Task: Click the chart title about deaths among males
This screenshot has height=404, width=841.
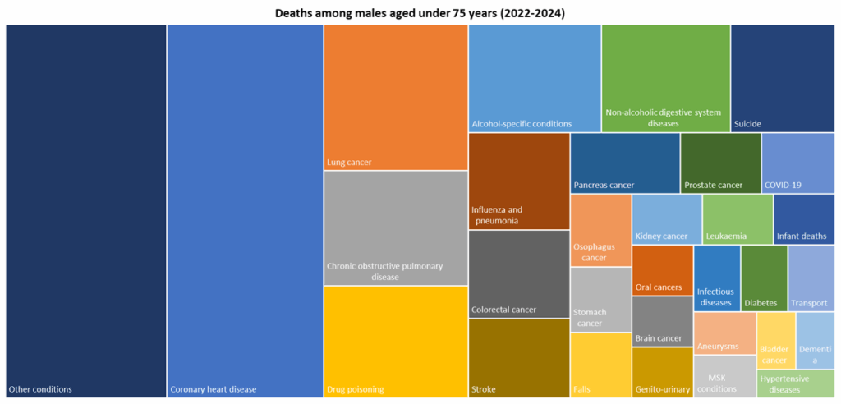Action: (x=420, y=13)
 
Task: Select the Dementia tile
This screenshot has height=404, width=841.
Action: (x=816, y=341)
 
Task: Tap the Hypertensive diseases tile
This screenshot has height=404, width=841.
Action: (x=795, y=383)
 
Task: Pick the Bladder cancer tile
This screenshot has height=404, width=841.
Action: (x=775, y=341)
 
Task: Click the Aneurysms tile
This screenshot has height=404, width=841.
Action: (x=724, y=333)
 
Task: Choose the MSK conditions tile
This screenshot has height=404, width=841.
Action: (x=724, y=376)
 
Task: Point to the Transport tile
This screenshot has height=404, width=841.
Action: (x=811, y=278)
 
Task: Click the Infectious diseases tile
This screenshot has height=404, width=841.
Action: (x=717, y=278)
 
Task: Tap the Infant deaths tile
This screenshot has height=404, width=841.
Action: (x=803, y=219)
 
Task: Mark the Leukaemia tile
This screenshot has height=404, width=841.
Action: (x=737, y=219)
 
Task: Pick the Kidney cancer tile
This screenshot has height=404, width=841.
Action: (x=666, y=219)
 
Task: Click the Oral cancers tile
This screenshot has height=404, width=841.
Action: (x=662, y=270)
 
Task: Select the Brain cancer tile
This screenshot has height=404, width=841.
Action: (x=662, y=321)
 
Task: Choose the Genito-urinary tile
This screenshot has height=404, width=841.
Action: (x=662, y=372)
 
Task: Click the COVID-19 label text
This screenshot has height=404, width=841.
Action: (x=782, y=186)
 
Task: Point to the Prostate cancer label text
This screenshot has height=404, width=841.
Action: (x=713, y=186)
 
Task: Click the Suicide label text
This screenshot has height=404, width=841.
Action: (x=747, y=124)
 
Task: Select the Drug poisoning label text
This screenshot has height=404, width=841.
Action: (x=356, y=389)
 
